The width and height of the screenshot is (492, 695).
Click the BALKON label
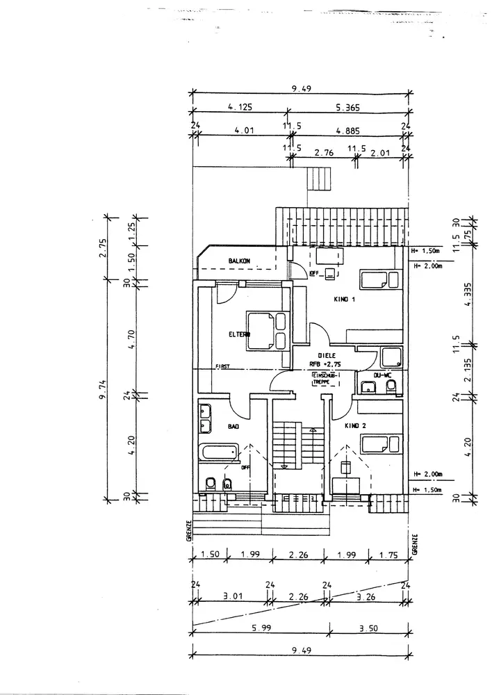240,261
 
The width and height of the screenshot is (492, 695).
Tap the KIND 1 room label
345,300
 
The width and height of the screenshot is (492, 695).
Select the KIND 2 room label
356,425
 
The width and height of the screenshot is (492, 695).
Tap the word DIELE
327,355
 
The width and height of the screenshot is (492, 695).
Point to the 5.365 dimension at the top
347,108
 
